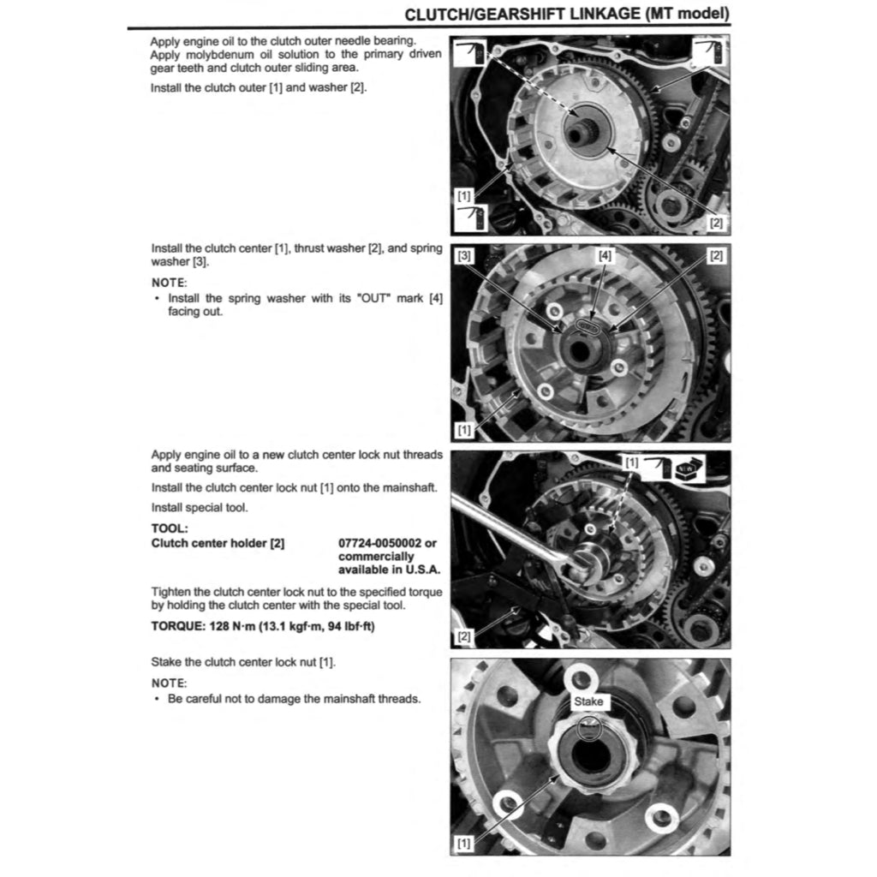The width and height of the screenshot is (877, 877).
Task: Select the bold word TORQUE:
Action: [x=177, y=625]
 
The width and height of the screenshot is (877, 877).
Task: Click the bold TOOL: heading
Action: [x=169, y=528]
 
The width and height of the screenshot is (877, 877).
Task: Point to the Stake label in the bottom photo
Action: [x=589, y=701]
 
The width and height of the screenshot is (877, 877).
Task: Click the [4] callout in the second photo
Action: [x=605, y=255]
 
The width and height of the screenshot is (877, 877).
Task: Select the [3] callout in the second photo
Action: [x=464, y=255]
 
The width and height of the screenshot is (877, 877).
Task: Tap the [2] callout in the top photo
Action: [x=716, y=222]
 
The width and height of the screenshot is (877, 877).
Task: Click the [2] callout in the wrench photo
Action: [x=464, y=635]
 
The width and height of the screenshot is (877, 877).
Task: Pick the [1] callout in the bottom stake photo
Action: [x=464, y=843]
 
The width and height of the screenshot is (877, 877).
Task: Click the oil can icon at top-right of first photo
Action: [x=709, y=51]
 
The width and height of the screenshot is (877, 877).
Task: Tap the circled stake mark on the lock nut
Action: [x=589, y=728]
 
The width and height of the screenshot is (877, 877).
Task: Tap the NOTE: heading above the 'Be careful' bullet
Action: [x=169, y=683]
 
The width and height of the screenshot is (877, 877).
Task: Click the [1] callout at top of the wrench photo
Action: [x=631, y=462]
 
